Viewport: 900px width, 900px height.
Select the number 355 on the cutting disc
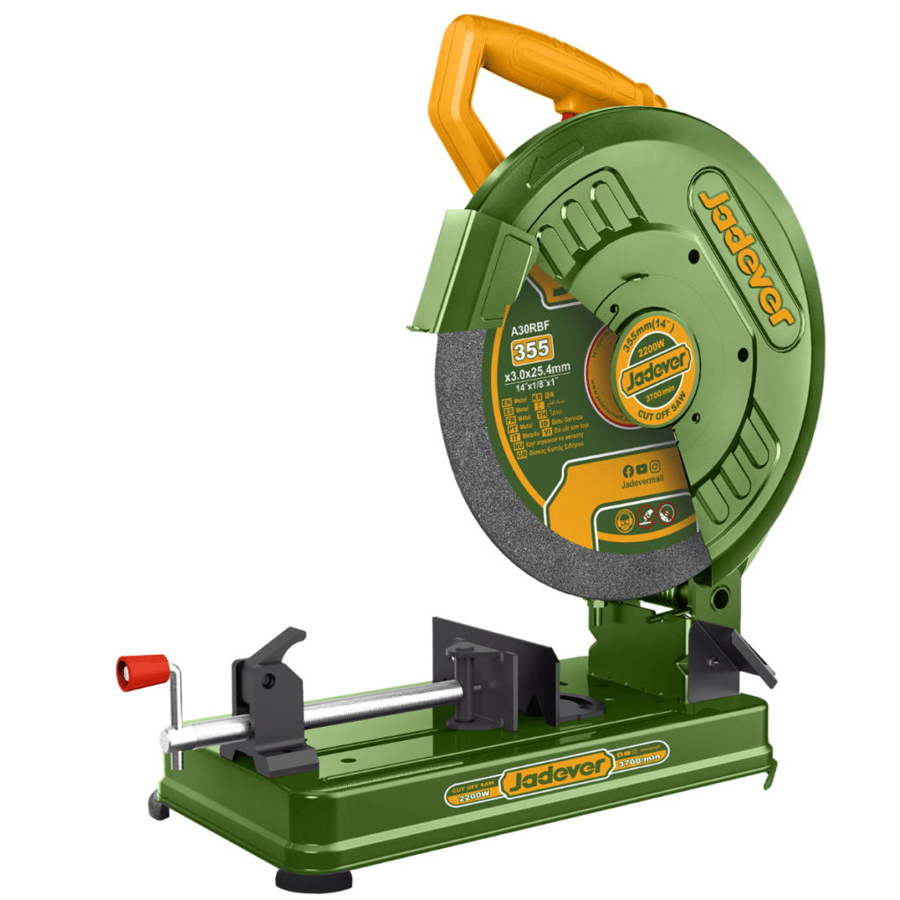pyautogui.click(x=532, y=349)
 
